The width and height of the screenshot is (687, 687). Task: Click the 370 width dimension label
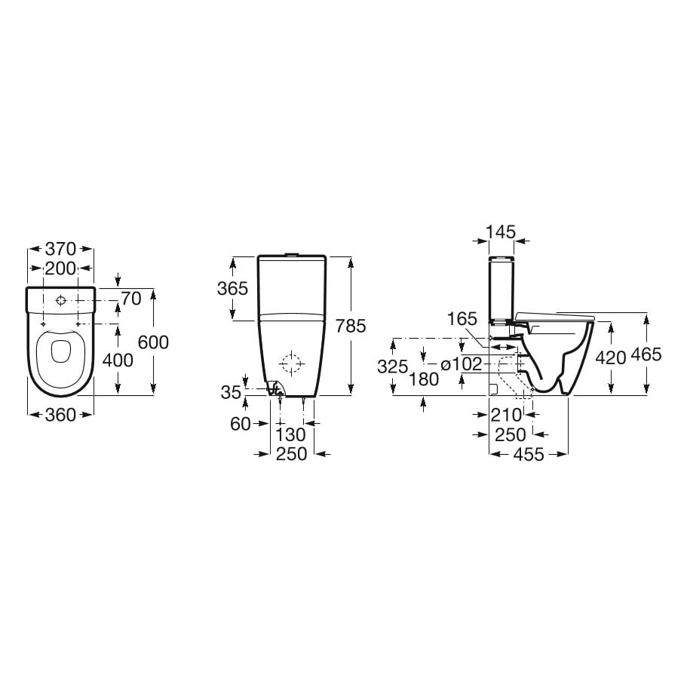(x=60, y=249)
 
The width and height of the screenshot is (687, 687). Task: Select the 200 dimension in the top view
(x=60, y=268)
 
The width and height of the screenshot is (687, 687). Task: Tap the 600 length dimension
(x=153, y=342)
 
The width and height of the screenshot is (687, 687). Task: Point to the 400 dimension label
(x=118, y=360)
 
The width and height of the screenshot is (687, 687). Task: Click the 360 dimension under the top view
(x=60, y=415)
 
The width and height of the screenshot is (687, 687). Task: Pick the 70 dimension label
(x=131, y=299)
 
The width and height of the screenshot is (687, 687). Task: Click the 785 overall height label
(x=351, y=326)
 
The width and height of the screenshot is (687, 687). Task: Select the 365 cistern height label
(x=233, y=288)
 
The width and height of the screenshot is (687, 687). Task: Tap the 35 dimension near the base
(x=231, y=393)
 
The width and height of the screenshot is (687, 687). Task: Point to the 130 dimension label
(x=290, y=434)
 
